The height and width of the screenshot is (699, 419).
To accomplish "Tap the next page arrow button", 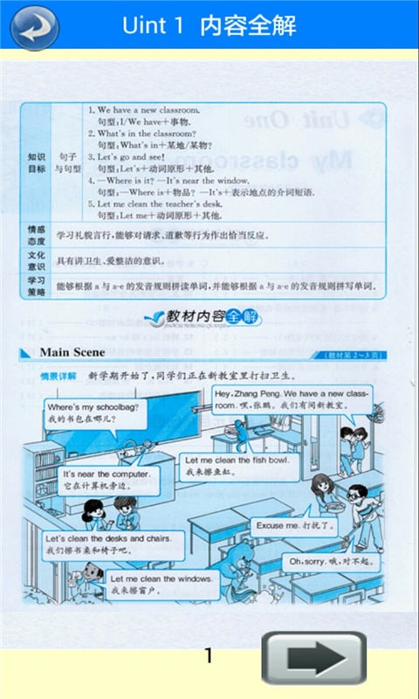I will pyautogui.click(x=314, y=658).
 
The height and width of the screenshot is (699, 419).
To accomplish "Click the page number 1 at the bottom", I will pyautogui.click(x=208, y=655).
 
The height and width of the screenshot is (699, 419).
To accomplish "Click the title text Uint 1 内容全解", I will pyautogui.click(x=209, y=26).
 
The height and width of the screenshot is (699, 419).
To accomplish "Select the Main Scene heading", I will pyautogui.click(x=72, y=352).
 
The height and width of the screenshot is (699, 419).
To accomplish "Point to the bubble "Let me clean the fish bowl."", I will pyautogui.click(x=236, y=465).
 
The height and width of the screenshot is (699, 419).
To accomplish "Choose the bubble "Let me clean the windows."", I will pyautogui.click(x=161, y=585).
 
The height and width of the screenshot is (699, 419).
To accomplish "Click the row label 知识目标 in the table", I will pyautogui.click(x=37, y=163).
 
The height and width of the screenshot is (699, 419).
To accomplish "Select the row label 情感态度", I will pyautogui.click(x=37, y=235).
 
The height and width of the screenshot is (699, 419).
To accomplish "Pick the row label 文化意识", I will pyautogui.click(x=37, y=260).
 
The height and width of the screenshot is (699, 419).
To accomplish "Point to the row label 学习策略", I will pyautogui.click(x=37, y=286).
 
